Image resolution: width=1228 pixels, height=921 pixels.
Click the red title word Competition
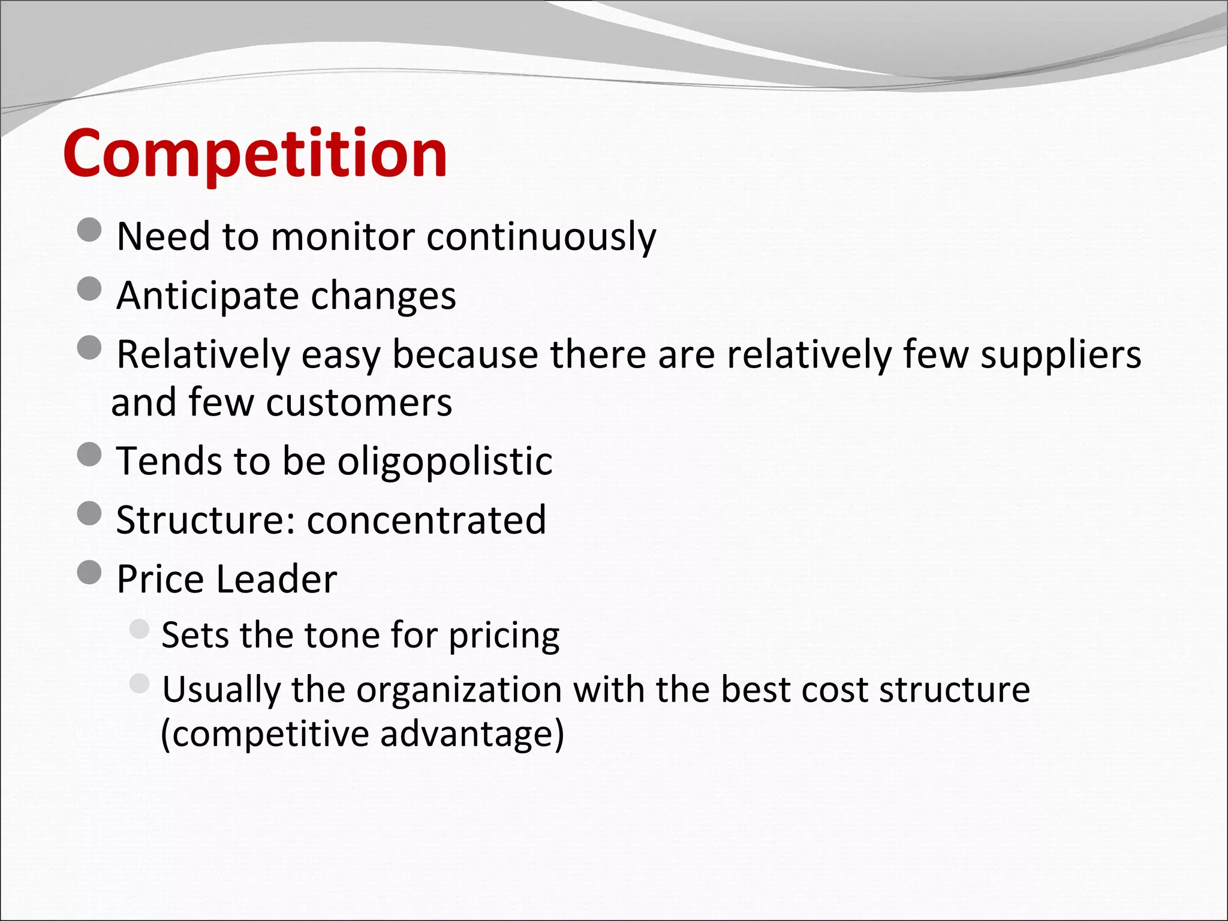(255, 154)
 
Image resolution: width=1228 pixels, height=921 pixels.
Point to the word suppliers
(1060, 355)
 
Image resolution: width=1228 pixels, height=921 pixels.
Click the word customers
(359, 402)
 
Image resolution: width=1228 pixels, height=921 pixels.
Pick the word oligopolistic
(444, 461)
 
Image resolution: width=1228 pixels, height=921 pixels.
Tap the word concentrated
(426, 519)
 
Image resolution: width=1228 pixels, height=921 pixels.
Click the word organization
(459, 690)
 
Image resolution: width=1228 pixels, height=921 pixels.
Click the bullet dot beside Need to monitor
(89, 230)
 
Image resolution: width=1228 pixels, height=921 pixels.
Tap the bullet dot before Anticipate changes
(89, 288)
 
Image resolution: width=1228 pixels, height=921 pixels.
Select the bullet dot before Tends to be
(89, 454)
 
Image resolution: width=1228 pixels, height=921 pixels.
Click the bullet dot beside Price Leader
(89, 572)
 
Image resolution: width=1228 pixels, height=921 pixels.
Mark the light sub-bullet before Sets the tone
(139, 629)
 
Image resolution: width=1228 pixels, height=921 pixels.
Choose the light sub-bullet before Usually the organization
(139, 684)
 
